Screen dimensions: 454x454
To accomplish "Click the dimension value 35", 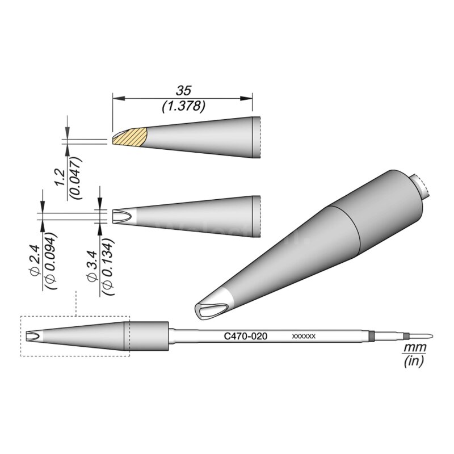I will point(182,90).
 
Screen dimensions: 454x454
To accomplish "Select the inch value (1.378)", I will point(183,106).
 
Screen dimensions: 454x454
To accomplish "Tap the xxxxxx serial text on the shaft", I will point(304,337).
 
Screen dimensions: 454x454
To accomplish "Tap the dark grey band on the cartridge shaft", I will point(371,337).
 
